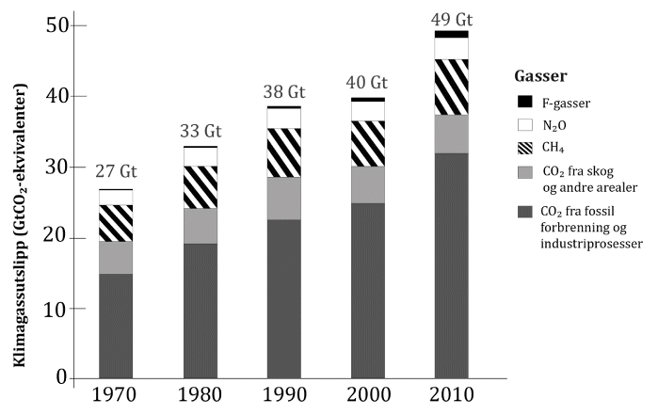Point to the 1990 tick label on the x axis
point(282,396)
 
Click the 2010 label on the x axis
point(451,396)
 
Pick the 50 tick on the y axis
point(59,25)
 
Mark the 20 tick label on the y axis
point(59,237)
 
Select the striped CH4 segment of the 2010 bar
point(451,87)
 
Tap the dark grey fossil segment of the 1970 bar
point(116,326)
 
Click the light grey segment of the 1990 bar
point(282,198)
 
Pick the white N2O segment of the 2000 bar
point(366,110)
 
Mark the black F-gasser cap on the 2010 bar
point(451,34)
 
